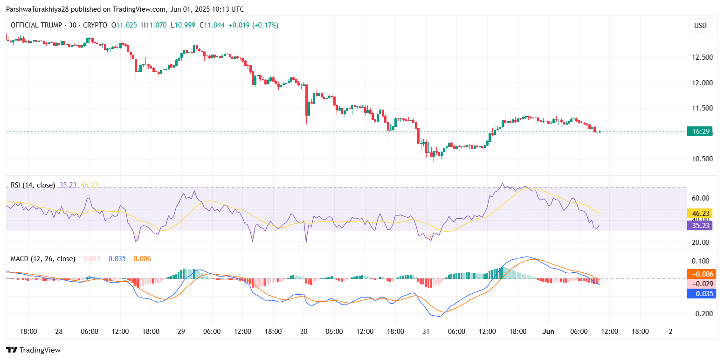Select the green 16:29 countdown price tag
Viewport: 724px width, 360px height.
[x=701, y=132]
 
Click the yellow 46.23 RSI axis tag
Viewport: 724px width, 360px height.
[x=700, y=214]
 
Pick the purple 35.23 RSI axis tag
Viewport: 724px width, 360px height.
[x=700, y=225]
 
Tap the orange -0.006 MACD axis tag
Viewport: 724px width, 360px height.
[x=700, y=274]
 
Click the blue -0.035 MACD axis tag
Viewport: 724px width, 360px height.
[x=700, y=294]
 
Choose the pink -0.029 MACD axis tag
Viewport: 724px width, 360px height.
[x=700, y=284]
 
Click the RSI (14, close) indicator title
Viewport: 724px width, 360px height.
[x=33, y=185]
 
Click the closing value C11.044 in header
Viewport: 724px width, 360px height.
[x=212, y=25]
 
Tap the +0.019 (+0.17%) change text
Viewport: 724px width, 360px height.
[x=253, y=25]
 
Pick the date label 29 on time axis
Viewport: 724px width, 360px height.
[x=181, y=331]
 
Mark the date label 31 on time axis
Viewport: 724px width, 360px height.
[x=426, y=331]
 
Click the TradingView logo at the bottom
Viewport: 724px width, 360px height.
[x=33, y=350]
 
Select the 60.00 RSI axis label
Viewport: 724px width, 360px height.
[x=700, y=198]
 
